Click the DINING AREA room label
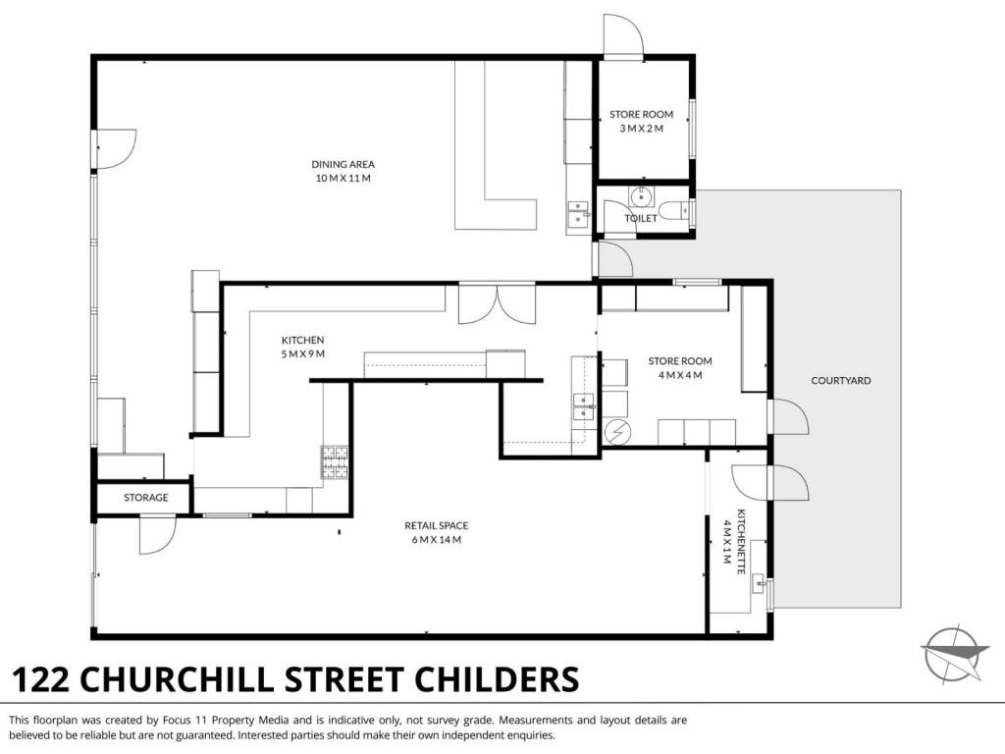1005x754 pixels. pos(343,164)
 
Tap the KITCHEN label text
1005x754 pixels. pos(302,340)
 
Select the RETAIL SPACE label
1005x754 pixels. pos(436,525)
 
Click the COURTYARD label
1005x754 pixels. pos(841,380)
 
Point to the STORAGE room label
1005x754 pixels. pos(146,498)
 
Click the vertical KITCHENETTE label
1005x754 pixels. pos(742,542)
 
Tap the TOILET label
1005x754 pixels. pos(641,218)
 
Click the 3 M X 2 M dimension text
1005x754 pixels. pos(641,129)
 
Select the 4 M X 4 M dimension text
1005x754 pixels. pos(680,375)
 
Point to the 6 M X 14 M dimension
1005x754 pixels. pos(436,539)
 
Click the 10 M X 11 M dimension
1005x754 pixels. pos(343,179)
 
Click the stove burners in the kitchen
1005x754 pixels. pos(335,462)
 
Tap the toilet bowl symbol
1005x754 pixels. pos(674,210)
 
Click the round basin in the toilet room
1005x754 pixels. pos(641,196)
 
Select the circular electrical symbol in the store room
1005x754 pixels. pos(617,433)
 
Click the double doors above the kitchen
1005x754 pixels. pos(497,304)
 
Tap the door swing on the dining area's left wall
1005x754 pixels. pos(116,149)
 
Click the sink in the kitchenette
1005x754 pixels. pos(759,583)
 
